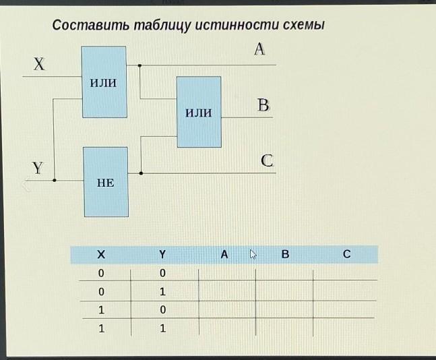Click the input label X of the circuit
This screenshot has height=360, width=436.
click(38, 65)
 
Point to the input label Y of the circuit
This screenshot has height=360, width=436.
click(38, 167)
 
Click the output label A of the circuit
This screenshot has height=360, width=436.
click(259, 49)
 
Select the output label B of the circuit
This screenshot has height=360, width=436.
click(263, 105)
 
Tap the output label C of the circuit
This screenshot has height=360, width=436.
click(267, 161)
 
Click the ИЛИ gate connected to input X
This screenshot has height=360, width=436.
click(104, 82)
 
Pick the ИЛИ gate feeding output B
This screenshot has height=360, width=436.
click(199, 112)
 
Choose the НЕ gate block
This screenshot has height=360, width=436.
click(105, 181)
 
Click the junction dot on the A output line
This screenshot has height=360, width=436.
click(139, 65)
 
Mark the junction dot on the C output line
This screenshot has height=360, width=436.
click(141, 173)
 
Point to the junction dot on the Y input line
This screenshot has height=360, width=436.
click(55, 180)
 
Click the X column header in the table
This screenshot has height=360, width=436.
click(101, 255)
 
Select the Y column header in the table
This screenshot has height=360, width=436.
click(162, 255)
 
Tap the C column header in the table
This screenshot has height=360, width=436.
click(346, 255)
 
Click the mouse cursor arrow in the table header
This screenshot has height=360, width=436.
click(253, 255)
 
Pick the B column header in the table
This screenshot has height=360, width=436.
click(285, 255)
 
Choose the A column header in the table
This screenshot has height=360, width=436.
click(224, 255)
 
